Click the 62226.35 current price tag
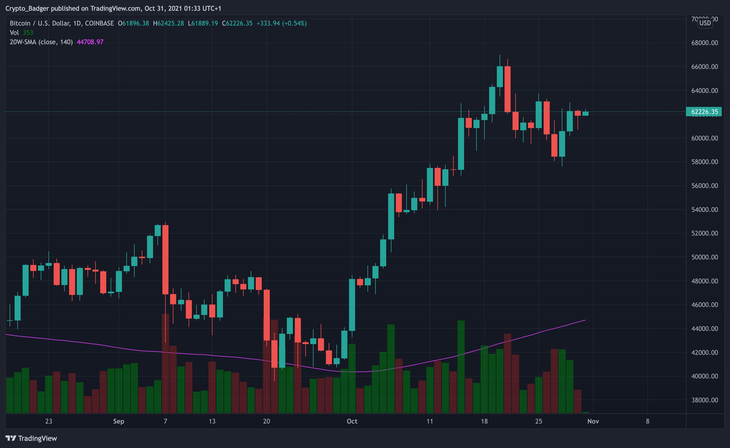click(704, 112)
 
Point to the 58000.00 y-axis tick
click(704, 162)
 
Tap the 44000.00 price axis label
click(704, 329)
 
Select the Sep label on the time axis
click(118, 421)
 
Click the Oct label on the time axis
click(352, 421)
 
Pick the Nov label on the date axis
click(593, 421)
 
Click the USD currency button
click(705, 23)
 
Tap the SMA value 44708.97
click(90, 42)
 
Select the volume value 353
click(28, 33)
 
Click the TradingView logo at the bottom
click(31, 438)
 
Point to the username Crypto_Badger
click(27, 8)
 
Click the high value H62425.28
click(168, 23)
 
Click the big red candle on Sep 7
click(165, 259)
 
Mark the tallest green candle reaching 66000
click(500, 76)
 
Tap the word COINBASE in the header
click(99, 23)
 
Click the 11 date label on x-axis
click(430, 421)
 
